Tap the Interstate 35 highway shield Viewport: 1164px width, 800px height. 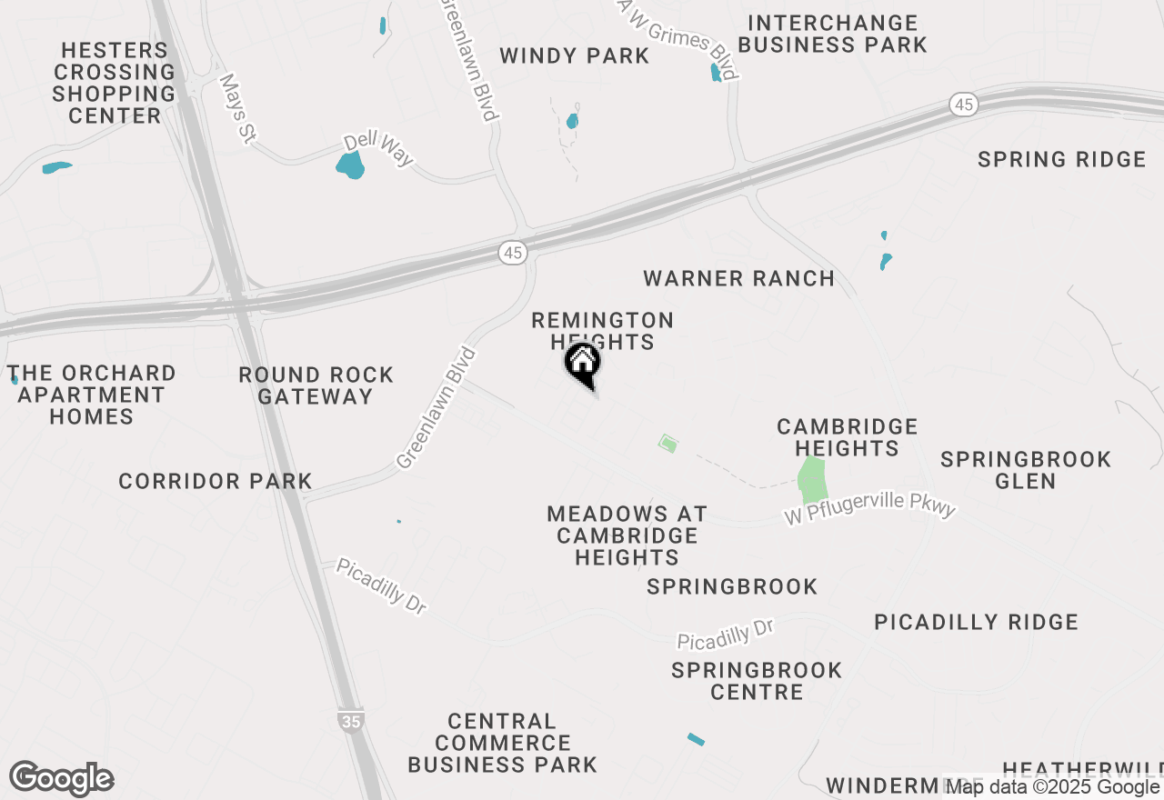click(x=351, y=720)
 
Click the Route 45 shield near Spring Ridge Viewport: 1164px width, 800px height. click(x=964, y=105)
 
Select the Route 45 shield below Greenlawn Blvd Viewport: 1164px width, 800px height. click(x=513, y=253)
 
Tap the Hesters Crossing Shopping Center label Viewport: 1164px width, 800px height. click(x=114, y=83)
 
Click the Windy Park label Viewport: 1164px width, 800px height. click(x=575, y=56)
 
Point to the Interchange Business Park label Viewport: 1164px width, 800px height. click(x=832, y=34)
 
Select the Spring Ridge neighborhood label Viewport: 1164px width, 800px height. click(x=1061, y=160)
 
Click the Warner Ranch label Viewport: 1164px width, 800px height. click(x=738, y=279)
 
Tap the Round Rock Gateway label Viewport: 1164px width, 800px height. click(x=316, y=385)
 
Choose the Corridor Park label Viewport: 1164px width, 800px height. click(x=216, y=482)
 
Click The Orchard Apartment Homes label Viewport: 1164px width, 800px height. click(x=91, y=395)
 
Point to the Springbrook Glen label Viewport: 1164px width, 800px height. click(x=1026, y=470)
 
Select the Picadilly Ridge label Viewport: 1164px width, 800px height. click(x=976, y=623)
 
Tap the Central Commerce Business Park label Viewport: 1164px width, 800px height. click(x=502, y=743)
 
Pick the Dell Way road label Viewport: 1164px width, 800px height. click(x=378, y=150)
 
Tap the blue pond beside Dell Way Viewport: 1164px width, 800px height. click(x=350, y=165)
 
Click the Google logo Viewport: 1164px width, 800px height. click(x=61, y=779)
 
